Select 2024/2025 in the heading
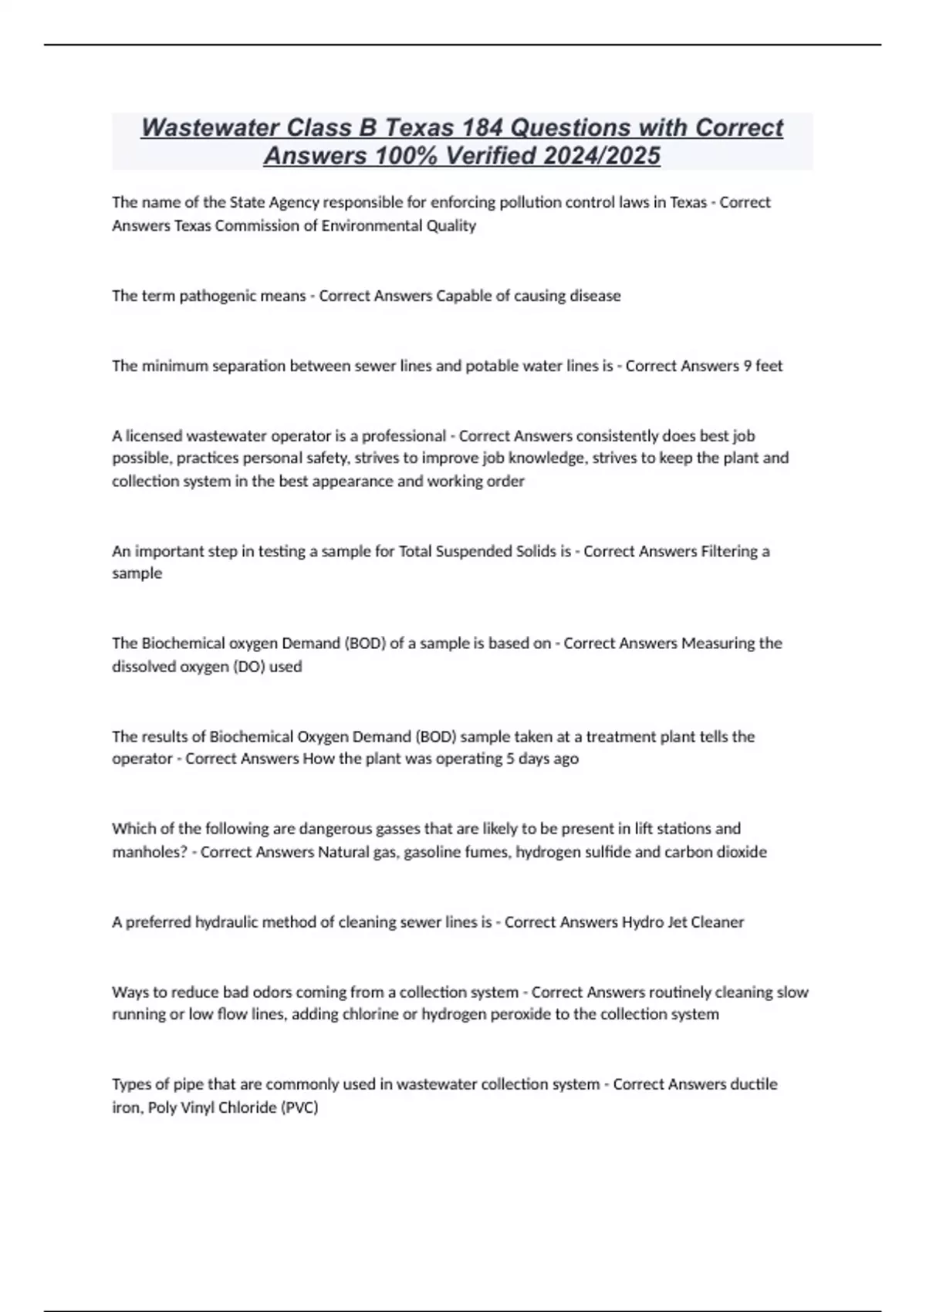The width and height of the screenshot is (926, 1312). pyautogui.click(x=602, y=156)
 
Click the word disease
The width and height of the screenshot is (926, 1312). pyautogui.click(x=595, y=296)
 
